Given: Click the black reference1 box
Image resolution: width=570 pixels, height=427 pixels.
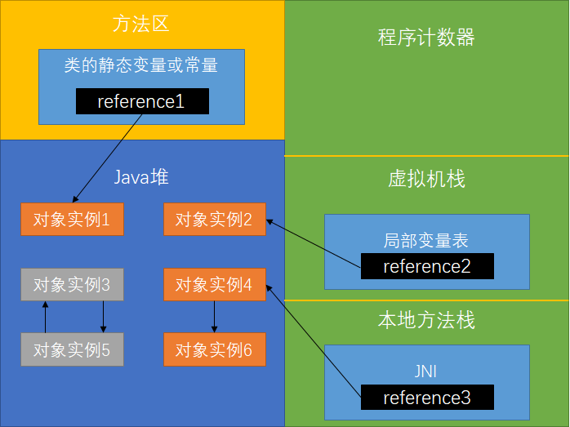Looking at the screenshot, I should click(x=142, y=101).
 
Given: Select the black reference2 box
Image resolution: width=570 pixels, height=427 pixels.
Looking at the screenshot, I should click(x=427, y=266).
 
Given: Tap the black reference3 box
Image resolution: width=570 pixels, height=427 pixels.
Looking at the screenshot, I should click(x=427, y=398).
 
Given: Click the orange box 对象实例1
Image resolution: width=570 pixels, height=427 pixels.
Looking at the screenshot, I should click(x=72, y=219).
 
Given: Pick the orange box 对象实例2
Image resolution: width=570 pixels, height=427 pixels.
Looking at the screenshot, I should click(x=214, y=219).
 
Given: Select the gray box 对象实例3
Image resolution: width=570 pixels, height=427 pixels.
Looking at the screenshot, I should click(x=72, y=285).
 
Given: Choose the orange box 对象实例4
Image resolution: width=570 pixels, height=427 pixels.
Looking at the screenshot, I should click(x=214, y=285).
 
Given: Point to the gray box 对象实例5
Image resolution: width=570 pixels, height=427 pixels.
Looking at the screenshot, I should click(x=72, y=350).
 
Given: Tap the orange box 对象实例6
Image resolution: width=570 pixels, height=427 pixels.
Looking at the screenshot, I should click(x=214, y=350).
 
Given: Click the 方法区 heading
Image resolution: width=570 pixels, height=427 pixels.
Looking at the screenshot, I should click(x=140, y=24).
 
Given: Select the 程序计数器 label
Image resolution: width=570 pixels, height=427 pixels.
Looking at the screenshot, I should click(x=426, y=38).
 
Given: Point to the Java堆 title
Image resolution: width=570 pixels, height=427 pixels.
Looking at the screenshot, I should click(x=141, y=177).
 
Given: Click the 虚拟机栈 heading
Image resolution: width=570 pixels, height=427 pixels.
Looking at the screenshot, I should click(x=426, y=179).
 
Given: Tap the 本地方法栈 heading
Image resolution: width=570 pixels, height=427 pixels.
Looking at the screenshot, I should click(x=426, y=320).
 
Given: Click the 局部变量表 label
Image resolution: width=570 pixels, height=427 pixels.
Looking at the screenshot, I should click(x=426, y=241).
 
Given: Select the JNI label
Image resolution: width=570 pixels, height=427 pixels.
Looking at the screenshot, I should click(x=426, y=371).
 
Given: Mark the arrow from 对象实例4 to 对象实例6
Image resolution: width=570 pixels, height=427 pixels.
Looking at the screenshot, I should click(x=215, y=317).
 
